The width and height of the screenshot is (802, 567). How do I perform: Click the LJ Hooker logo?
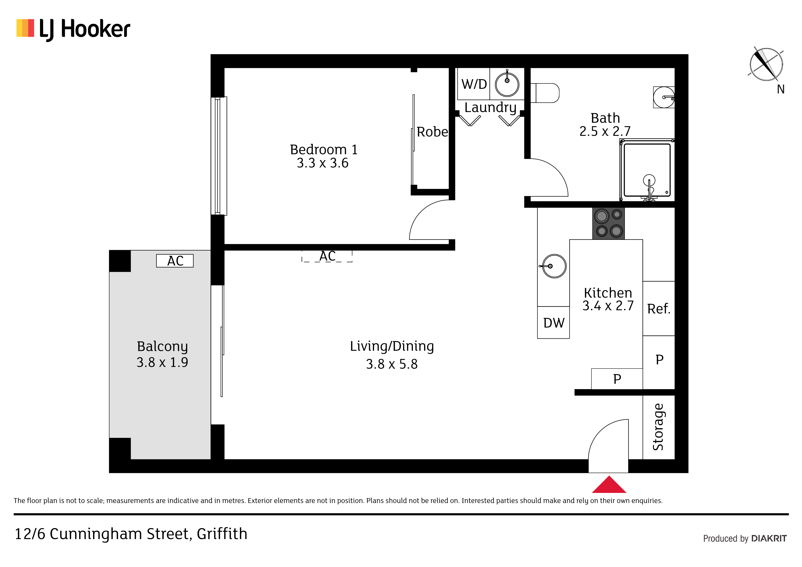pos(73,29)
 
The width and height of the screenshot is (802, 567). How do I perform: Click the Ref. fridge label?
pos(659,309)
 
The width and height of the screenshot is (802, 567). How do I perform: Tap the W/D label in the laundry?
pos(474,84)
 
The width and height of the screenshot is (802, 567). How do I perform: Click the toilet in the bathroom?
pos(545,93)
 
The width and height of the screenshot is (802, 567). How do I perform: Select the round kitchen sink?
pos(554,266)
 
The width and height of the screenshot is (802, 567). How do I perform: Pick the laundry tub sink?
pos(507,84)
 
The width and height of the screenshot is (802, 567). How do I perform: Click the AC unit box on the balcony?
pos(175,261)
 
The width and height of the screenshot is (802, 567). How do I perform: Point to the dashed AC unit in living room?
pos(327,256)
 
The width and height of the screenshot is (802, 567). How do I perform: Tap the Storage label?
pos(658,427)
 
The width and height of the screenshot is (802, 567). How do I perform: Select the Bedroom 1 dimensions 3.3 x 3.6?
pos(322,163)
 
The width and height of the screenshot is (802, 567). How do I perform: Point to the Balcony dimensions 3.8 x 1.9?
pos(162,362)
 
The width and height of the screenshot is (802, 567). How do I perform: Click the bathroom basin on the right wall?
pos(664,97)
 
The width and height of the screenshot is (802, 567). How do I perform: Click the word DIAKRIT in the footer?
pos(769,538)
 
